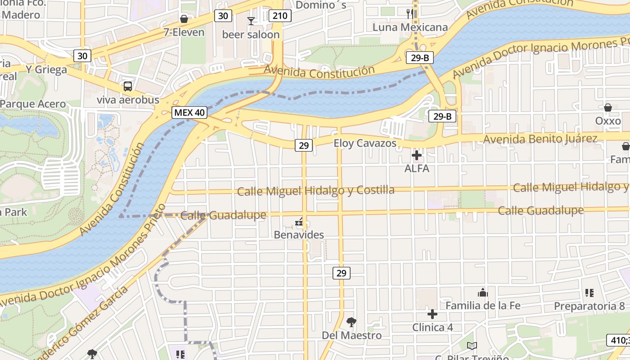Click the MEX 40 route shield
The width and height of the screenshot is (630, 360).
click(189, 112)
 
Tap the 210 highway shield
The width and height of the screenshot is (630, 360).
click(280, 16)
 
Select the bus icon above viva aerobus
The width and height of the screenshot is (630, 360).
click(128, 86)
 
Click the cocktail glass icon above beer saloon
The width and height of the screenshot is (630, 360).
click(251, 21)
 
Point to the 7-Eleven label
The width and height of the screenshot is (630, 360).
click(184, 32)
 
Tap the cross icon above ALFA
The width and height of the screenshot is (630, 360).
click(417, 156)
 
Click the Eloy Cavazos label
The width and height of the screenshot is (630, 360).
click(365, 144)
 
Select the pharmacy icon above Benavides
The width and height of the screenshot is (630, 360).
click(299, 222)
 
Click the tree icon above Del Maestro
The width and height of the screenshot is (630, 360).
click(351, 322)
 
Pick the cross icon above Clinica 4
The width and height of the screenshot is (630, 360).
click(432, 314)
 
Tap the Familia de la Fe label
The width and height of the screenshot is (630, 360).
click(483, 306)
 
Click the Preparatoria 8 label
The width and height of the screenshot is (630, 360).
click(589, 306)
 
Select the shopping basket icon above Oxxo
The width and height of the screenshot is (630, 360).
click(608, 108)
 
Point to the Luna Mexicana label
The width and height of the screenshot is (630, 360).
click(410, 27)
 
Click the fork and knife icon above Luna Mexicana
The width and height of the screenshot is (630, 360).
click(410, 13)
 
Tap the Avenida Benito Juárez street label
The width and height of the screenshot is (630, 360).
click(540, 139)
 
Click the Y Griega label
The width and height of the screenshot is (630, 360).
click(46, 70)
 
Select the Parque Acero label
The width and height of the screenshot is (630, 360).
click(33, 104)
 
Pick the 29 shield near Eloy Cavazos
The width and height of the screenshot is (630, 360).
click(304, 145)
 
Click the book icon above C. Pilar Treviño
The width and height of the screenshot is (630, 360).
click(472, 346)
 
